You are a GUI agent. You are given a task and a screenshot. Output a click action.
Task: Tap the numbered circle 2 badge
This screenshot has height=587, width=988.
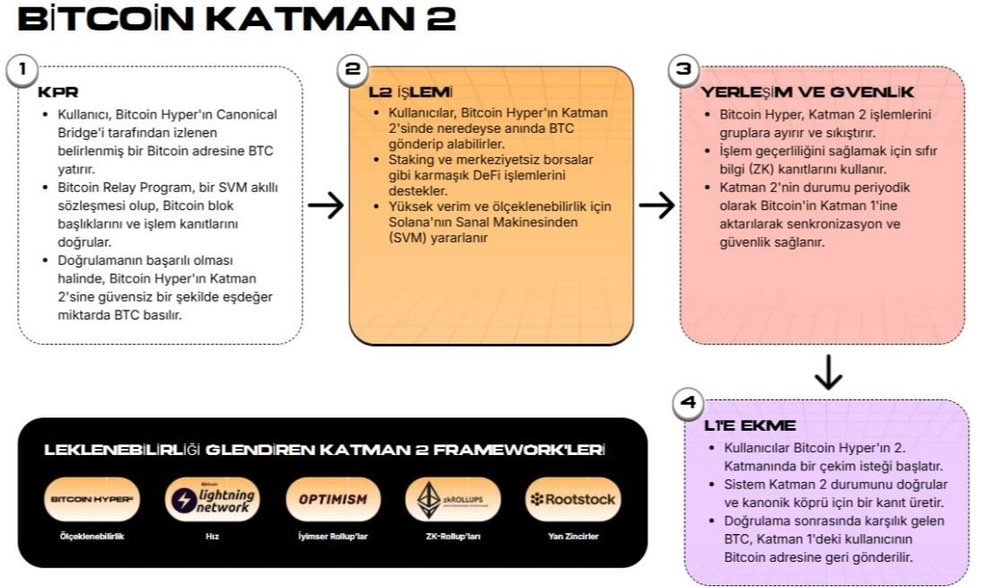point(354,70)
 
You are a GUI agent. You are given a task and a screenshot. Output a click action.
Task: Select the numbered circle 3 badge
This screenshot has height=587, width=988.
point(684,70)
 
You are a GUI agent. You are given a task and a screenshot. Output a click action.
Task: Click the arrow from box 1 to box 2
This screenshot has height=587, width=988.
point(325,206)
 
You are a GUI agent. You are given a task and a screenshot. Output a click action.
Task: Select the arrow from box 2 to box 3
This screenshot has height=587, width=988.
point(657,206)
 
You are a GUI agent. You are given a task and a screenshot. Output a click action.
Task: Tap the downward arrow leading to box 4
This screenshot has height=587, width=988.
point(827,372)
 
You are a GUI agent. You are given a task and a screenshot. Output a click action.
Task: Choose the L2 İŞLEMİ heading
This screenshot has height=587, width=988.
point(411,92)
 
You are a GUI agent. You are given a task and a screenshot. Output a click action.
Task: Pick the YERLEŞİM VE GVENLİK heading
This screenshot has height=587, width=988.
point(807,92)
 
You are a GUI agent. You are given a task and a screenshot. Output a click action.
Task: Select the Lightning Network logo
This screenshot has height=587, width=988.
point(211,499)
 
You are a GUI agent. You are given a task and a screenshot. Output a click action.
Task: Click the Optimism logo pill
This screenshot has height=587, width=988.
point(332,499)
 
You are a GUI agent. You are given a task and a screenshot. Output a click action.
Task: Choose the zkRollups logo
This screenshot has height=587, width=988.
point(453,499)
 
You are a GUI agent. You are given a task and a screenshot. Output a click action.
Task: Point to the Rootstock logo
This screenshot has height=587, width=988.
point(573,499)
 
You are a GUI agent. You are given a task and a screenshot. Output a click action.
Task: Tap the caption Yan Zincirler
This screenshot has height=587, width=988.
point(573,537)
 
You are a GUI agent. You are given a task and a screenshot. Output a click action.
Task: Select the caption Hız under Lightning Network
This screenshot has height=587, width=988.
point(211,537)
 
